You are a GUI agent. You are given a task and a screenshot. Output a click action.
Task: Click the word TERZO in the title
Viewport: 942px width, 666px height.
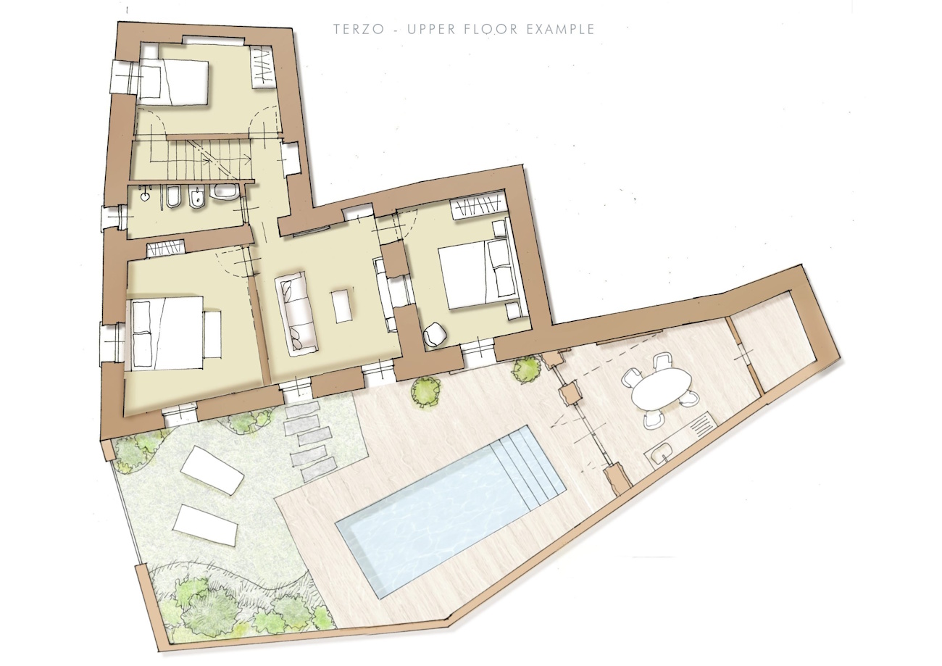tap(359, 29)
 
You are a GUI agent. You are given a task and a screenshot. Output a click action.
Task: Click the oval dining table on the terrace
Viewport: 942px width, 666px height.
tap(662, 389)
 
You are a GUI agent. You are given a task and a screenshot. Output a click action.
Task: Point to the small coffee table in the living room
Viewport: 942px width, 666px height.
tap(342, 306)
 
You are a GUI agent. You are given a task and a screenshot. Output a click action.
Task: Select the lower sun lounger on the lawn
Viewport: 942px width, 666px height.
tap(205, 526)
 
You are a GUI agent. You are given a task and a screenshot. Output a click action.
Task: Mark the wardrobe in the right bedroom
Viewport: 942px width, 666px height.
tap(478, 208)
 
